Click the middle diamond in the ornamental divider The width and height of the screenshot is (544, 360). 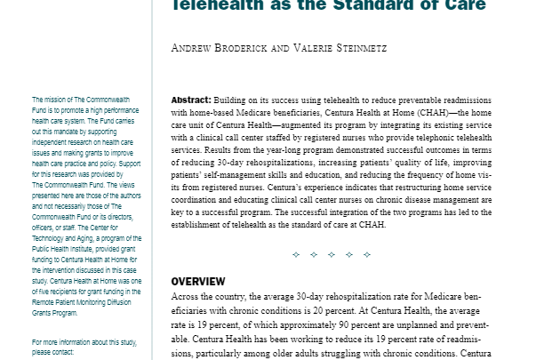tap(331, 255)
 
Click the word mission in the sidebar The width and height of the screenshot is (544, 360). tap(57, 100)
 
